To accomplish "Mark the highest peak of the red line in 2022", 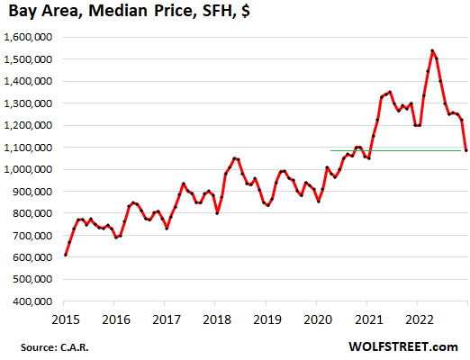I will coord(432,50).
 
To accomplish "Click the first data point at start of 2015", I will coord(66,255).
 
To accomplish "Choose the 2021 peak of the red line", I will coord(390,92).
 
